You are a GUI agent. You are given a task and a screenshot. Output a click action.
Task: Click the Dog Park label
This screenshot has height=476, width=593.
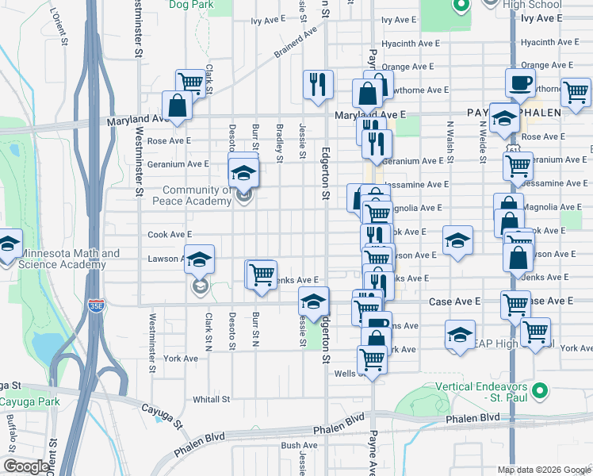pyautogui.click(x=191, y=5)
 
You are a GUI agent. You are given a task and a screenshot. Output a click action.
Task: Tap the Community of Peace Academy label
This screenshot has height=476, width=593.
pyautogui.click(x=197, y=195)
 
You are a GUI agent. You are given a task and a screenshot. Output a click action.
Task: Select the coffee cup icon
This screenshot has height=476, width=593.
pyautogui.click(x=520, y=83)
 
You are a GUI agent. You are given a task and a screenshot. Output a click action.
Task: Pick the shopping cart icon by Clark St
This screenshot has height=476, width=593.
pyautogui.click(x=190, y=81)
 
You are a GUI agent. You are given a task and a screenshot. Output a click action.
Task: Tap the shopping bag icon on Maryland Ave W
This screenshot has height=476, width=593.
pyautogui.click(x=176, y=105)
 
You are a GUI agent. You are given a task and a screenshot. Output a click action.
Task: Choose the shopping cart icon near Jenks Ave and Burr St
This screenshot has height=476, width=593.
pyautogui.click(x=262, y=274)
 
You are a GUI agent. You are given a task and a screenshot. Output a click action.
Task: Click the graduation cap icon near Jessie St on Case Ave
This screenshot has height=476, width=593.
pyautogui.click(x=313, y=300)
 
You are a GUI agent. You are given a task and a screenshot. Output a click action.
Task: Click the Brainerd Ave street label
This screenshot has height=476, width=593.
pyautogui.click(x=300, y=44)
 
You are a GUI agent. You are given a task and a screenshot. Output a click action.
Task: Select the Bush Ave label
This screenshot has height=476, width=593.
pyautogui.click(x=299, y=446)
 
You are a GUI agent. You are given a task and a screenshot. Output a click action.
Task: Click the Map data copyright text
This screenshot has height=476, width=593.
pyautogui.click(x=544, y=470)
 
